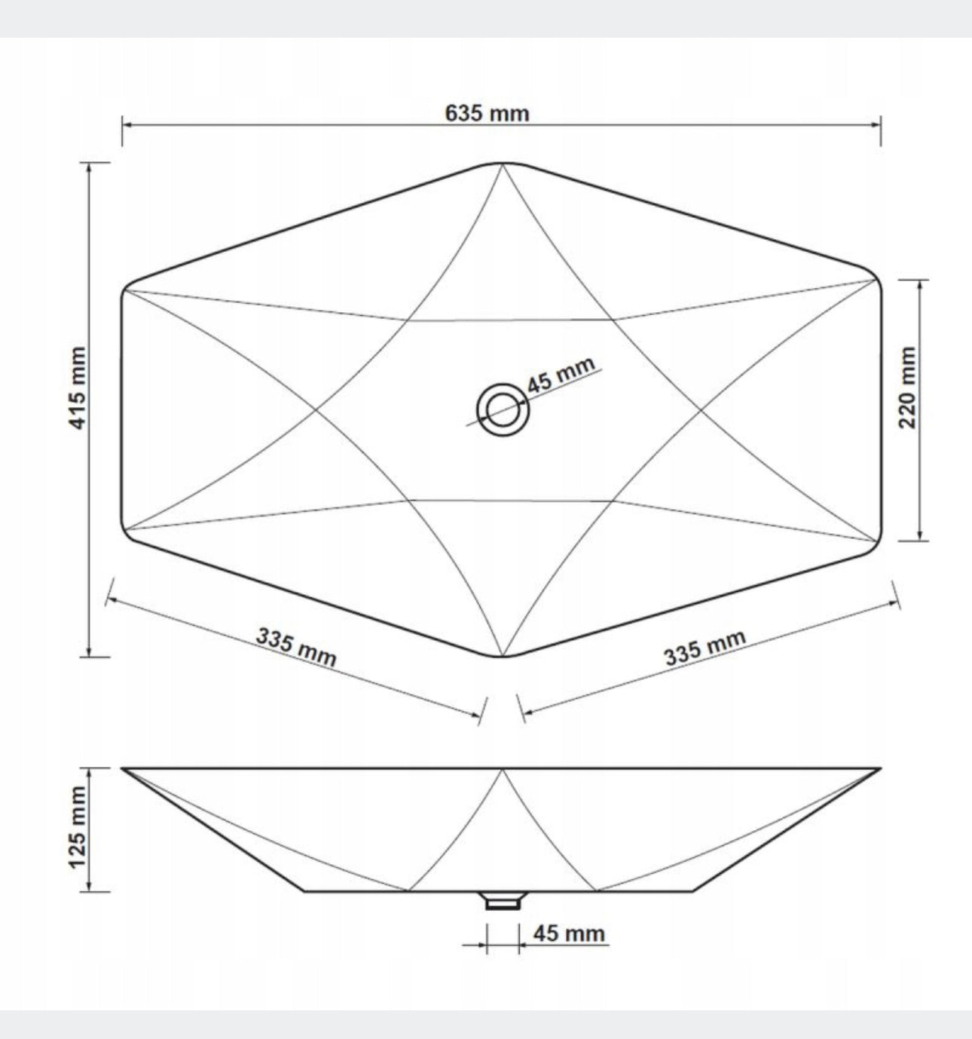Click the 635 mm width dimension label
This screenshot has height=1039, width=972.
click(487, 113)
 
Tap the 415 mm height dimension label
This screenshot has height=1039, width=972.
click(78, 388)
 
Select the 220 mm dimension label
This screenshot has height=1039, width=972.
click(908, 388)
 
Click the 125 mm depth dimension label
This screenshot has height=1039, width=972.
click(78, 827)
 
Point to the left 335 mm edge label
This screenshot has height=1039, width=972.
click(296, 647)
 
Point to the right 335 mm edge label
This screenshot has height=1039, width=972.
click(705, 648)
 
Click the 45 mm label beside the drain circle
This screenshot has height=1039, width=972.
click(561, 375)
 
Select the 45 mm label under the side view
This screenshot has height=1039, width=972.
click(569, 933)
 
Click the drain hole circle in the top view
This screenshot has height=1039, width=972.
click(503, 410)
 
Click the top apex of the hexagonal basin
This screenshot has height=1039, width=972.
click(503, 164)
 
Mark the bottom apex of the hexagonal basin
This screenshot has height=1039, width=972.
click(503, 656)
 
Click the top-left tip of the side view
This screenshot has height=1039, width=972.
click(124, 769)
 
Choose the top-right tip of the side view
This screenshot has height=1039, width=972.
click(879, 769)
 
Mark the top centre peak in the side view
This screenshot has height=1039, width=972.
click(503, 770)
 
